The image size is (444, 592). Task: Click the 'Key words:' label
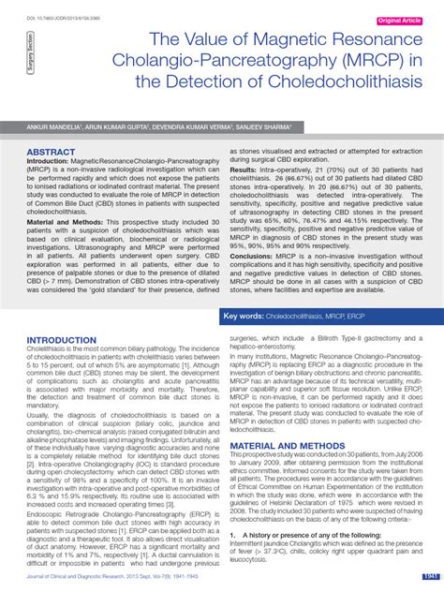point(241,318)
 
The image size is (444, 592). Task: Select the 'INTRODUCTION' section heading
point(62,340)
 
